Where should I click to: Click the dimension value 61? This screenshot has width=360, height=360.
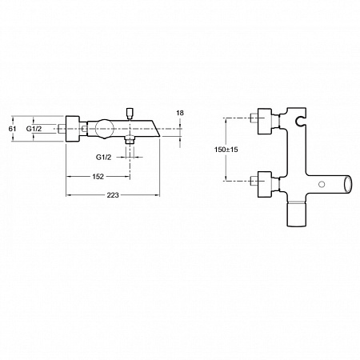[x=12, y=129]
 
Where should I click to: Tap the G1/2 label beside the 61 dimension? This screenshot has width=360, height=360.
[x=34, y=129]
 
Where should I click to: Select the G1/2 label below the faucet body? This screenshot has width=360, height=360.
[x=103, y=158]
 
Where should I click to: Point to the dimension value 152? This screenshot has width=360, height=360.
[x=98, y=177]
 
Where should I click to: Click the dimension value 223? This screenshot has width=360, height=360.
[x=113, y=195]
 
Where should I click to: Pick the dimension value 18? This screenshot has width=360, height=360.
[x=180, y=113]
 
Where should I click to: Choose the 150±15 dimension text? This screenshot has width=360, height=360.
[x=226, y=150]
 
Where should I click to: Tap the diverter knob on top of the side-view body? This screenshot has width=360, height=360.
[x=130, y=114]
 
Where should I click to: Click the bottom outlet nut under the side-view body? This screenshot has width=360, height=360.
[x=130, y=140]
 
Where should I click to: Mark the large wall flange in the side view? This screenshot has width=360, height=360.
[x=73, y=129]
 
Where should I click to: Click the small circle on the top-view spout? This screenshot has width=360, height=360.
[x=322, y=184]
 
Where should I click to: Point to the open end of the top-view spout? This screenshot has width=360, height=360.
[x=348, y=184]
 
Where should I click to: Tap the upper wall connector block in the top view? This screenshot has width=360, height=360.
[x=265, y=121]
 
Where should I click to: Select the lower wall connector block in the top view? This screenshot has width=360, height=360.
[x=265, y=184]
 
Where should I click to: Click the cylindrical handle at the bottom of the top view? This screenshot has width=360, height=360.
[x=296, y=214]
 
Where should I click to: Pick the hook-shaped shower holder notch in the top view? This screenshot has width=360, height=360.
[x=301, y=121]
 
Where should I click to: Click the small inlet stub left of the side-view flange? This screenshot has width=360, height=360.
[x=62, y=129]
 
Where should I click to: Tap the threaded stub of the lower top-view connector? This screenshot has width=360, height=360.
[x=254, y=181]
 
